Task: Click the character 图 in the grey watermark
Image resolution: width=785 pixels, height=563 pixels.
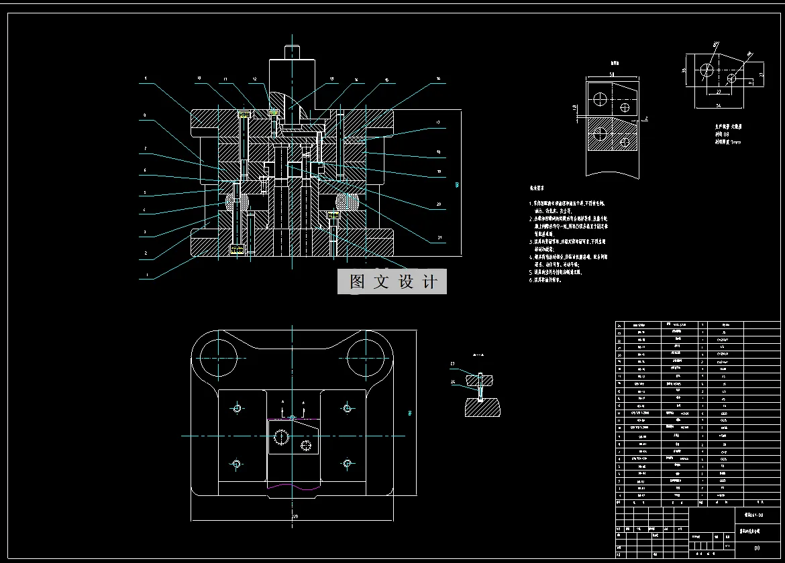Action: (358, 282)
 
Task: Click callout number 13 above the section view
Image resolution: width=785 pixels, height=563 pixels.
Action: (331, 79)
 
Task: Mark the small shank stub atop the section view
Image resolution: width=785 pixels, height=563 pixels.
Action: (292, 51)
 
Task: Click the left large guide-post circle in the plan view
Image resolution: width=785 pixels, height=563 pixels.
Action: (218, 356)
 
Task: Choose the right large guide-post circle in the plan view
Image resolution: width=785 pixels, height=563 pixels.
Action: (366, 356)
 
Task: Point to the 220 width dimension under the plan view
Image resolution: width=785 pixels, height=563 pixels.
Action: (293, 517)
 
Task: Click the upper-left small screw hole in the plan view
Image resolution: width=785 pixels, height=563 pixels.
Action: (236, 408)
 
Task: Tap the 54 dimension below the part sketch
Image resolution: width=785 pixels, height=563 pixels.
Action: (719, 106)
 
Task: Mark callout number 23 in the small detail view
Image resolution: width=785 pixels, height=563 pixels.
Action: (452, 364)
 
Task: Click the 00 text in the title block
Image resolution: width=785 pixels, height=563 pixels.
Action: (757, 548)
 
